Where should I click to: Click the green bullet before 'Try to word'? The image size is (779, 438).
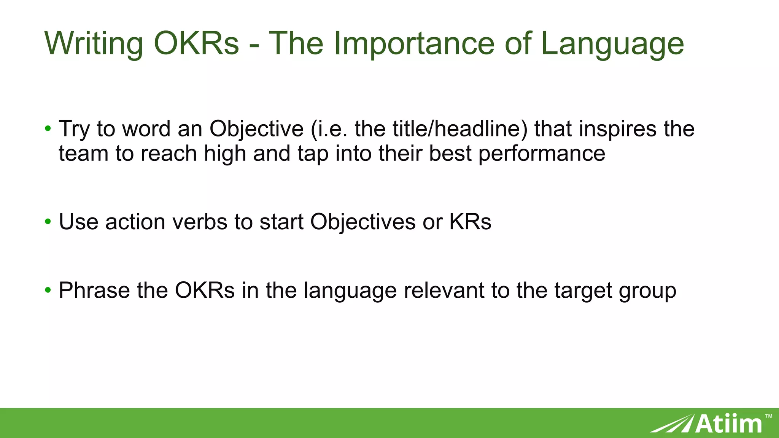[48, 129]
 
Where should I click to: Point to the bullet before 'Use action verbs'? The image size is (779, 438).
[48, 221]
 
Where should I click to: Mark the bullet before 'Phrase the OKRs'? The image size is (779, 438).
[48, 290]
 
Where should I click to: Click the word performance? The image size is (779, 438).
[542, 154]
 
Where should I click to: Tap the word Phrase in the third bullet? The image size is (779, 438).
[94, 290]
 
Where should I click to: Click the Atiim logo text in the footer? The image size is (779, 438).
[729, 424]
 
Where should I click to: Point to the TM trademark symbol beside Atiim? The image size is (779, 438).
[768, 416]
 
